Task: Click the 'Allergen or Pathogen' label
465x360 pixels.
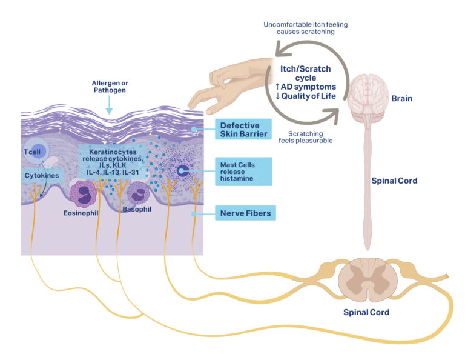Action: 110,86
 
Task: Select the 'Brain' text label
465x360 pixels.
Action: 402,98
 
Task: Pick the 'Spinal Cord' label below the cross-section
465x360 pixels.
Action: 366,312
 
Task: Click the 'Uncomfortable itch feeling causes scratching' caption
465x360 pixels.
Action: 305,28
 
